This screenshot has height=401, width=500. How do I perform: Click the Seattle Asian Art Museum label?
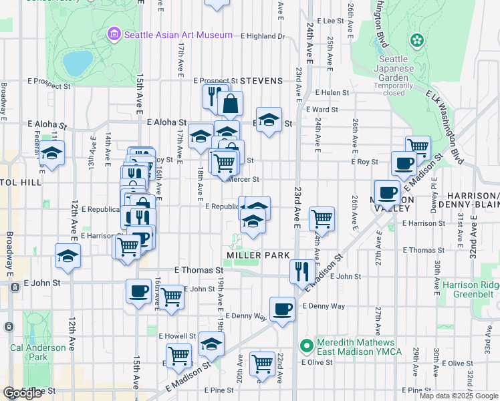pyautogui.click(x=178, y=35)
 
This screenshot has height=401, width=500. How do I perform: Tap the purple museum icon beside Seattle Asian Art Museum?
pyautogui.click(x=114, y=34)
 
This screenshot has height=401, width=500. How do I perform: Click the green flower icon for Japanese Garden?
pyautogui.click(x=418, y=41)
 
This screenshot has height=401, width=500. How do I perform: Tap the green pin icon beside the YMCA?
pyautogui.click(x=307, y=346)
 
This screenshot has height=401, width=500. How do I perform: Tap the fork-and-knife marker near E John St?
pyautogui.click(x=301, y=271)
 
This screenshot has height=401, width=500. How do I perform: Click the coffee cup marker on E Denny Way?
pyautogui.click(x=282, y=309)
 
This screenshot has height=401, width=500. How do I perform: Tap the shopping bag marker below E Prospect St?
pyautogui.click(x=230, y=104)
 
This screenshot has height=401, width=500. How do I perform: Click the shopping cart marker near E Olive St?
pyautogui.click(x=263, y=364)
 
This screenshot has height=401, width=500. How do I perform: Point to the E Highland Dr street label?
pyautogui.click(x=263, y=36)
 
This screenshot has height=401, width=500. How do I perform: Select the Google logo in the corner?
pyautogui.click(x=22, y=393)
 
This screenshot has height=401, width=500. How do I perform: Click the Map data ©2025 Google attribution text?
pyautogui.click(x=458, y=396)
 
